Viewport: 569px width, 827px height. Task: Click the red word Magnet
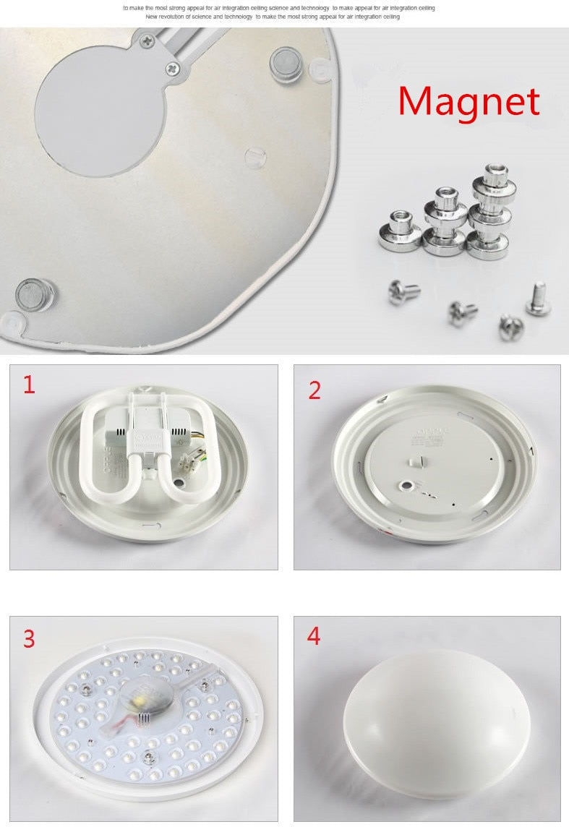[469, 102]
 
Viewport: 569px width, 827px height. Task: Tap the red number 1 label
[29, 385]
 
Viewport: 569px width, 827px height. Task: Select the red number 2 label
[315, 390]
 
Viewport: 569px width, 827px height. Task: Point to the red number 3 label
[29, 639]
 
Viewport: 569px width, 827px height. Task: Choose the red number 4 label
[314, 636]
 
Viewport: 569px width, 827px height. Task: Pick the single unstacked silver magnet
[400, 231]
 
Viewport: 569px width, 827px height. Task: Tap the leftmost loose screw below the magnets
[403, 292]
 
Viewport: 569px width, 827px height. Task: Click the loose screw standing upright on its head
[538, 298]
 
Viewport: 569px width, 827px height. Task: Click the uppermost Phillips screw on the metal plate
[147, 41]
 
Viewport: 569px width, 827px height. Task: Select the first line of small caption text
[279, 8]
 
